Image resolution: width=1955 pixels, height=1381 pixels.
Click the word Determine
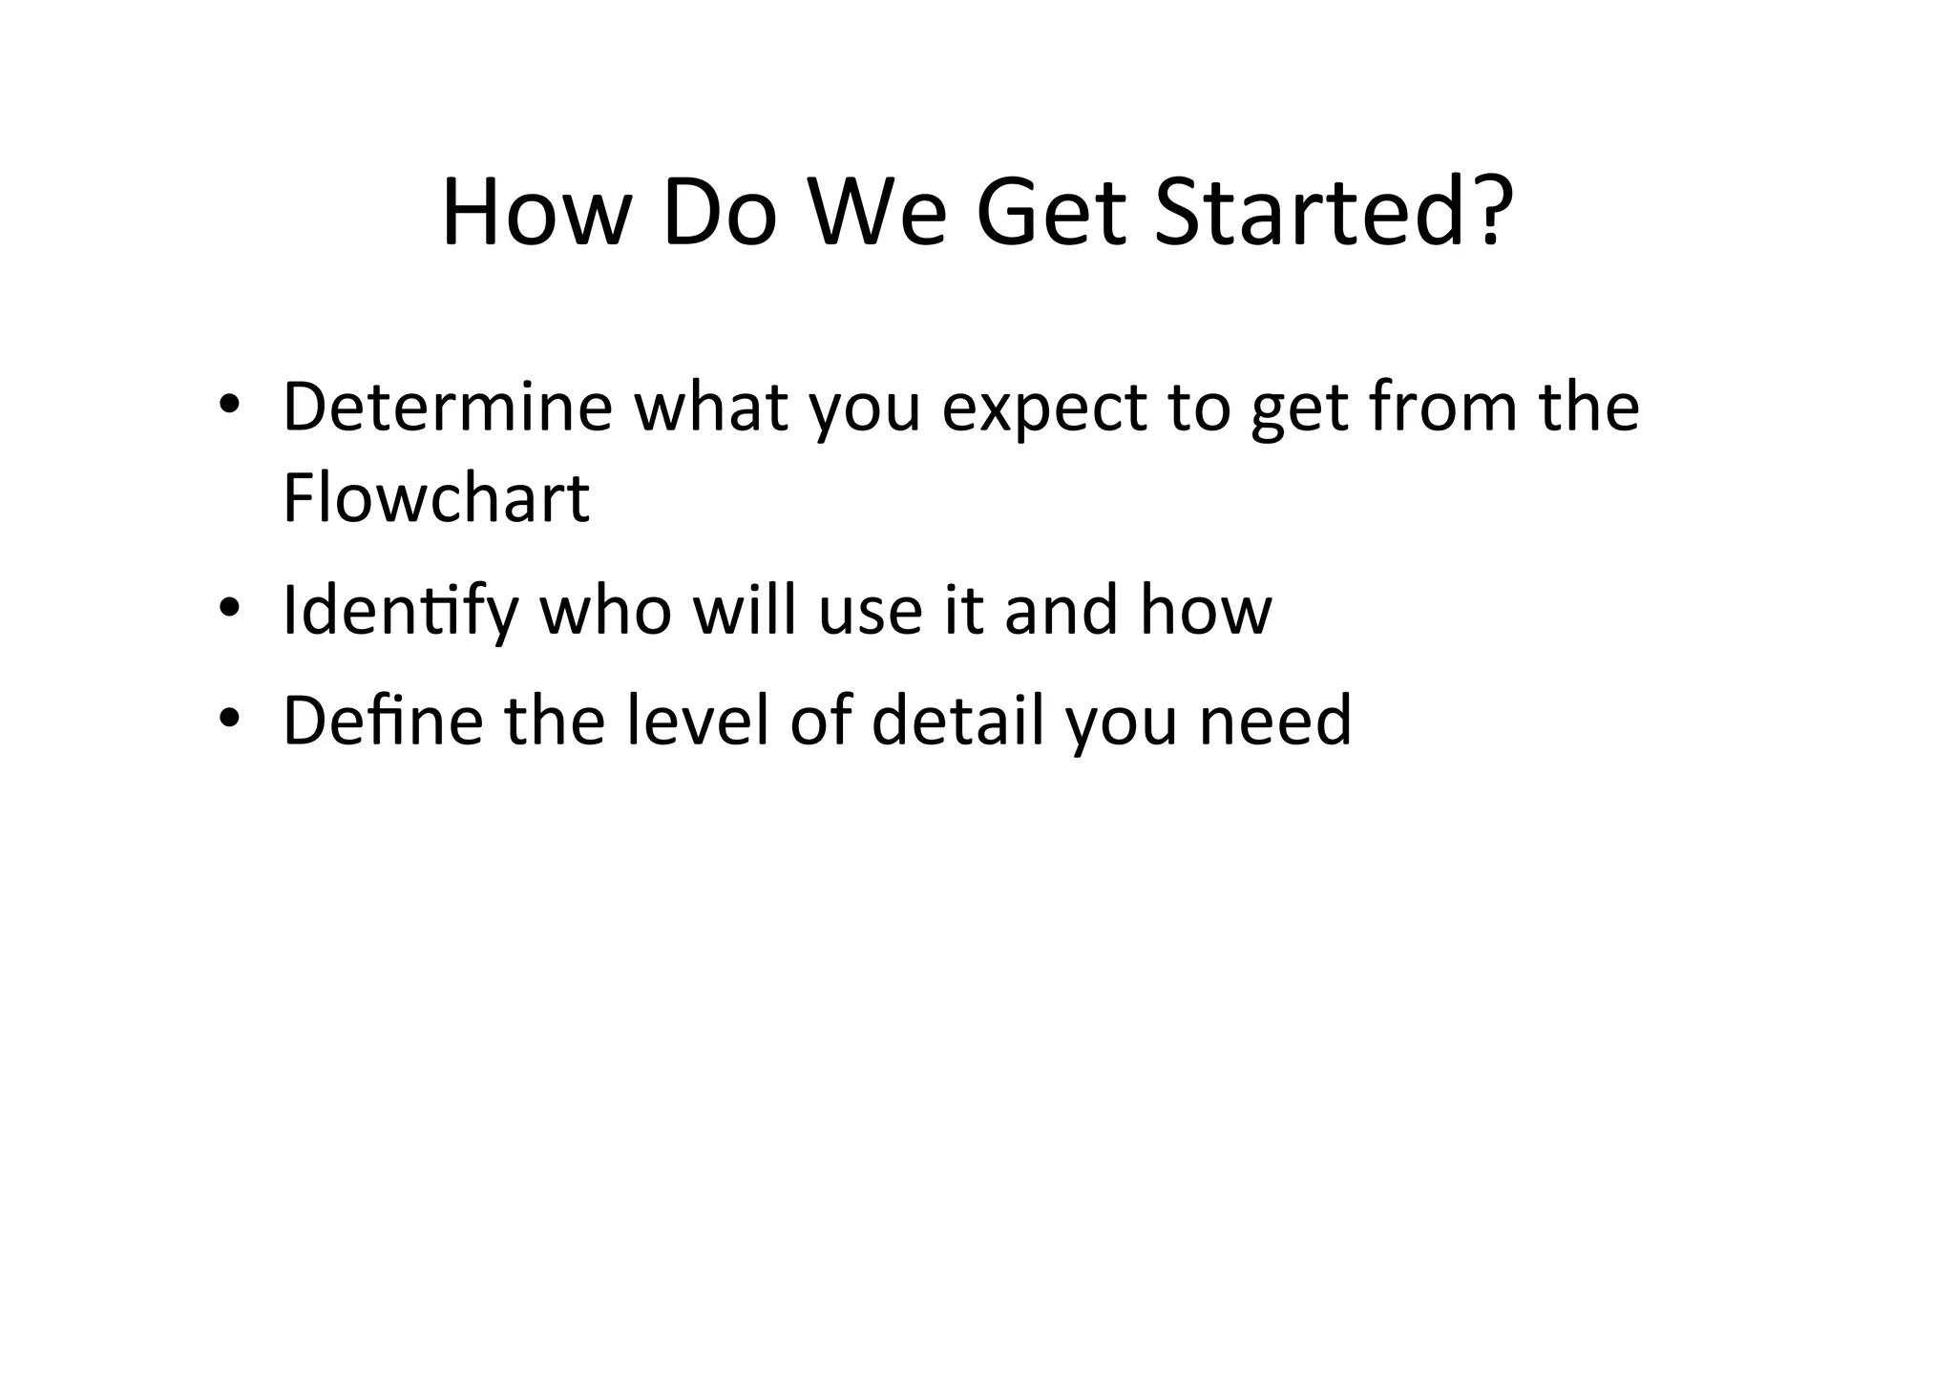click(447, 408)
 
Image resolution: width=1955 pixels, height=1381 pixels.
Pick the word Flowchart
click(436, 498)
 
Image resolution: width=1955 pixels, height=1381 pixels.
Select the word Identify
click(400, 613)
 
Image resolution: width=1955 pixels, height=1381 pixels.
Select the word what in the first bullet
click(711, 408)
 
